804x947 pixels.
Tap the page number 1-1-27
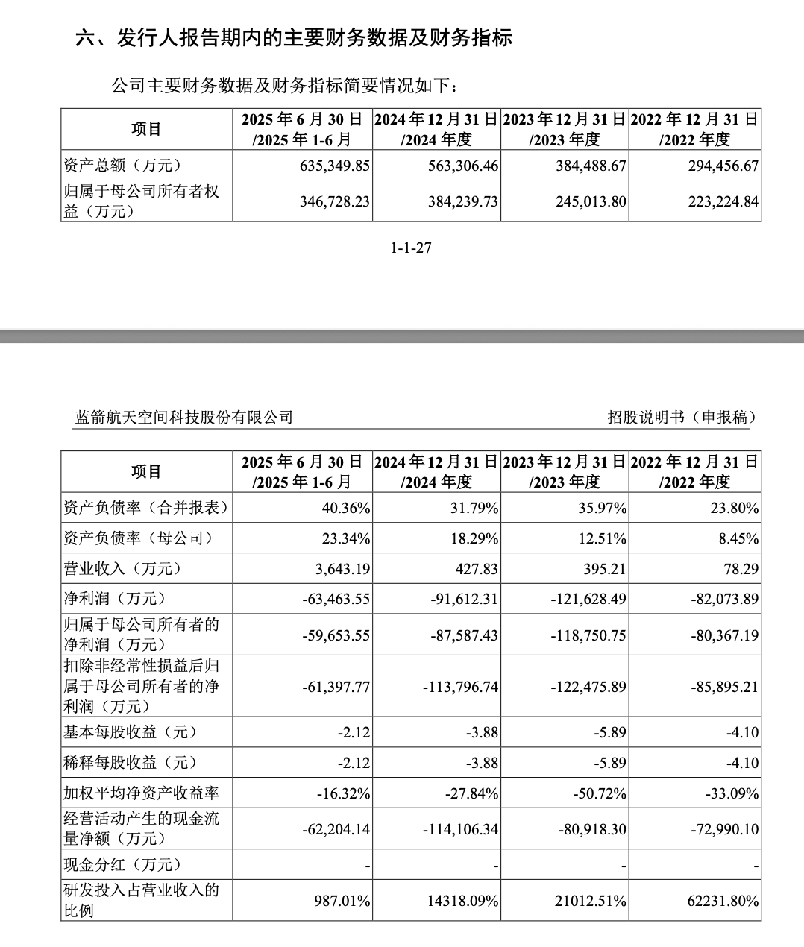[x=411, y=248]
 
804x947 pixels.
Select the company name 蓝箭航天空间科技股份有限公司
[x=184, y=417]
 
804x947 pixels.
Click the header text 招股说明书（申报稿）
[x=682, y=417]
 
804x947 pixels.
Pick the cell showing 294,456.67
[x=723, y=166]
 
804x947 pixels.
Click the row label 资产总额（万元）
[x=123, y=166]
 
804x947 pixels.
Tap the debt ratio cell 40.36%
[x=345, y=509]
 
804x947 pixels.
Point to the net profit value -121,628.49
[x=588, y=599]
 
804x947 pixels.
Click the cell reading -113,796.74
[x=460, y=687]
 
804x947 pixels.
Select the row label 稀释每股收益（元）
[x=131, y=763]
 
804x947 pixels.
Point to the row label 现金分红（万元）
[x=123, y=865]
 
